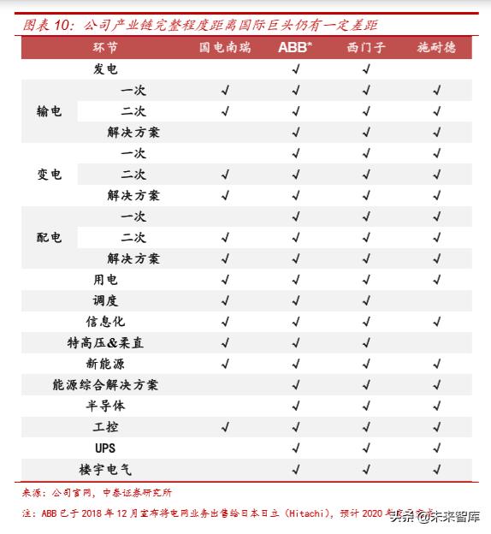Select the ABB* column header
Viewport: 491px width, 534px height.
295,47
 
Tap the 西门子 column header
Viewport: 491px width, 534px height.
366,47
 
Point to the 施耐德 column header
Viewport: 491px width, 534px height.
436,47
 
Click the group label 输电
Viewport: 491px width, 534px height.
49,111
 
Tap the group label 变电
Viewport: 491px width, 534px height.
49,174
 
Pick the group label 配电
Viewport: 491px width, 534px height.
49,237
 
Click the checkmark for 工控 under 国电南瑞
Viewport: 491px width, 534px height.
226,427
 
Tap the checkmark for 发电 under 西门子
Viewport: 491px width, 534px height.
366,69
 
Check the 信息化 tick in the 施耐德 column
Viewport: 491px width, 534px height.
436,322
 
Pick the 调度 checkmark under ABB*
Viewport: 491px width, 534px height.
295,300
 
